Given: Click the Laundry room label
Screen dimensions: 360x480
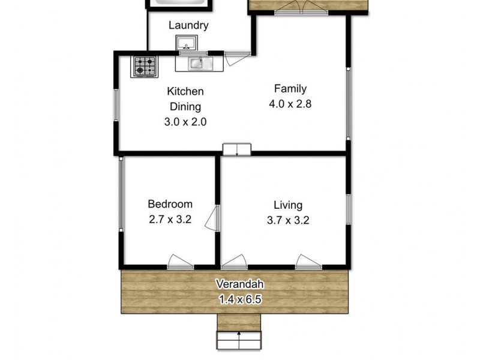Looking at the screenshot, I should (x=188, y=25).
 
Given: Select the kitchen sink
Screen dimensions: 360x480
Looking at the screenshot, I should (x=197, y=62).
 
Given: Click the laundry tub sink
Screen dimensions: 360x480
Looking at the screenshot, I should (x=187, y=44).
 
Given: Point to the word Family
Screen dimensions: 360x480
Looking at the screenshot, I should (x=286, y=89).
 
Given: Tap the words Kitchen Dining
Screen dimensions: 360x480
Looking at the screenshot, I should (x=185, y=99).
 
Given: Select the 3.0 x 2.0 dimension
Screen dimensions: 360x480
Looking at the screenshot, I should (x=185, y=121).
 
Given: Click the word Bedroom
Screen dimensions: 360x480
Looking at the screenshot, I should (x=170, y=204).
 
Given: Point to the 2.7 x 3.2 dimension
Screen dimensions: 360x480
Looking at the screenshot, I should (x=170, y=219).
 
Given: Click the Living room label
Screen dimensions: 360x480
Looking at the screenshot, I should (x=288, y=205).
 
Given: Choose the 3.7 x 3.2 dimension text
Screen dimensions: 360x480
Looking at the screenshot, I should (x=288, y=220).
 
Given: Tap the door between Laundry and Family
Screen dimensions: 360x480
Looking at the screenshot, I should (x=235, y=57).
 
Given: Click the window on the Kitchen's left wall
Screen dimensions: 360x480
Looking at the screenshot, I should (x=118, y=109).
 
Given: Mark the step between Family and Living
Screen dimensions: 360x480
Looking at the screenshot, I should (x=237, y=149).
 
